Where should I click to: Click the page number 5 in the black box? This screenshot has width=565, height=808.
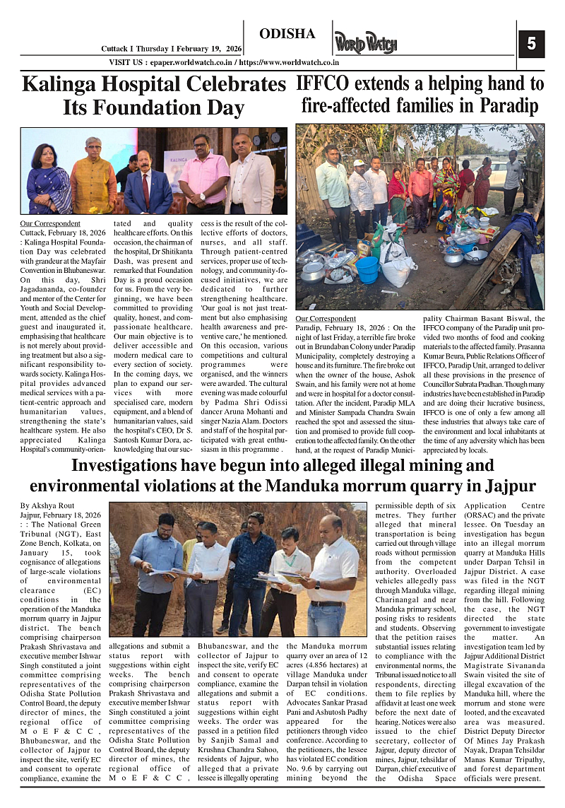tap(531, 44)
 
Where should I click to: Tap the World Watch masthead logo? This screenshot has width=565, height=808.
tap(366, 42)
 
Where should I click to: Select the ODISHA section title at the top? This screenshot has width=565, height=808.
tap(287, 34)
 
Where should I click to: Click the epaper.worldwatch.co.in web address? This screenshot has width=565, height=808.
tap(186, 63)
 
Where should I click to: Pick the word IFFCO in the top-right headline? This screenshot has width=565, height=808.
tap(321, 84)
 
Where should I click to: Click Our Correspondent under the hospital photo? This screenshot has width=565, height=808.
tap(50, 224)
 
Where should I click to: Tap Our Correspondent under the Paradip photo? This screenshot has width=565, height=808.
tap(326, 319)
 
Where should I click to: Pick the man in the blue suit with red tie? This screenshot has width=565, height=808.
tap(148, 180)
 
